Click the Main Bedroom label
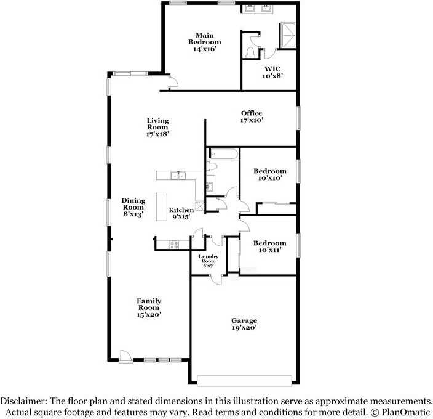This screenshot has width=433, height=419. (205, 42)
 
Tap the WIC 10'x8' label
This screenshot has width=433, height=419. (272, 72)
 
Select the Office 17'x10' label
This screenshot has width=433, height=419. (252, 116)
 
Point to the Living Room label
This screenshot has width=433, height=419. (157, 127)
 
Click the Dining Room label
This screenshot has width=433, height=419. (133, 207)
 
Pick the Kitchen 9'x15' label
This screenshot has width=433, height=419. (181, 213)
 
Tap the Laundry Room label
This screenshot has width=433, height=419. (209, 261)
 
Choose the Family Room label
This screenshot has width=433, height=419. (149, 307)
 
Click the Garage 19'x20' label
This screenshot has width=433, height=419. (244, 324)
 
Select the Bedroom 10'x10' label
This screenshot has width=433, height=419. (270, 174)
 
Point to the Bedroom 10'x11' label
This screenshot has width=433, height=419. (270, 246)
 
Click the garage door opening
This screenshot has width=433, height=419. (244, 381)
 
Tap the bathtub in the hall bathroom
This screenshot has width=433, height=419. (223, 154)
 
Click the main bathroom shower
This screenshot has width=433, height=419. (287, 36)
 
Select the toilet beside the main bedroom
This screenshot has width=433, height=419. (250, 52)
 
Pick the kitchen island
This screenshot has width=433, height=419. (162, 207)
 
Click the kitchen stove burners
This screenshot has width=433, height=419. (174, 245)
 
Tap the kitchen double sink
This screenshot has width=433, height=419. (178, 176)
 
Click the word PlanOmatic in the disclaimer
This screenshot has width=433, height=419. (406, 412)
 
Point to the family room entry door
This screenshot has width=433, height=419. (125, 356)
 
